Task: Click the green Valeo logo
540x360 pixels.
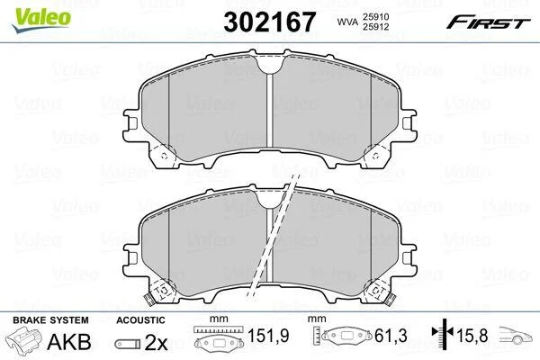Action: click(x=41, y=20)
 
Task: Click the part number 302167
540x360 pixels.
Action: click(x=269, y=22)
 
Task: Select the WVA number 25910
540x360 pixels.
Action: click(x=375, y=16)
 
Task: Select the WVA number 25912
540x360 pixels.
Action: click(x=375, y=27)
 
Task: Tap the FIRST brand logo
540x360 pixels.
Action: click(x=489, y=22)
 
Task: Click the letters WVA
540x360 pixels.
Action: click(x=347, y=22)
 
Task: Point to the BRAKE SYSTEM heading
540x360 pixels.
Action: click(x=50, y=320)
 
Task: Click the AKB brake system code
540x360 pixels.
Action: click(x=69, y=342)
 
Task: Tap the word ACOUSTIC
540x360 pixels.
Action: click(x=140, y=320)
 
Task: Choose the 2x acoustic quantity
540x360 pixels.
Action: click(x=156, y=342)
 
